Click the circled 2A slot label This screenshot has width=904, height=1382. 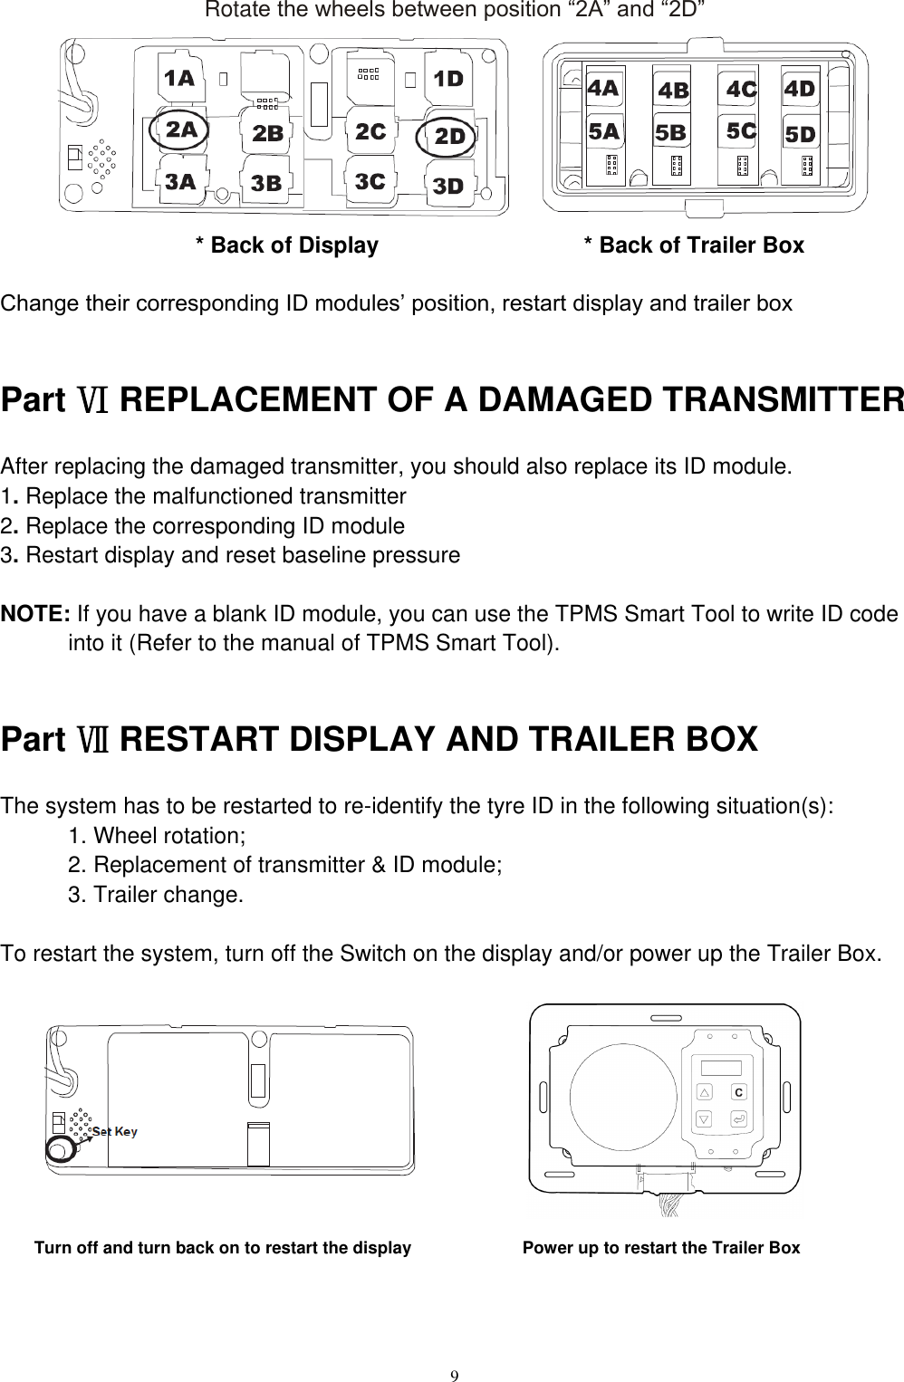tap(181, 130)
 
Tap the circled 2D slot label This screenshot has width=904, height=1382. tap(450, 137)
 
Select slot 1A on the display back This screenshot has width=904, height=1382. tap(178, 79)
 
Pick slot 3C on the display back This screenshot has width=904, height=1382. tap(370, 182)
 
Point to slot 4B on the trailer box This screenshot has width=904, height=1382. tap(673, 91)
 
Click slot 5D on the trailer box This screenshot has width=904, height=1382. tap(800, 135)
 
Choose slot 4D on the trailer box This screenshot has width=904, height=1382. tap(799, 90)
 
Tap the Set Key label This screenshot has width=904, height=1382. tap(115, 1132)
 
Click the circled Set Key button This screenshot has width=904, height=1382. tap(59, 1148)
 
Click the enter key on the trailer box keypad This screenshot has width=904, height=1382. tap(739, 1120)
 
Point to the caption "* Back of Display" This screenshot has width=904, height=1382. tap(287, 245)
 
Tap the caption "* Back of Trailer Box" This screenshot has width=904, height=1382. tap(694, 245)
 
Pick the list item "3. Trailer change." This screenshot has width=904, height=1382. tap(156, 896)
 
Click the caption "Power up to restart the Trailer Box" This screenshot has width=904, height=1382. tap(661, 1248)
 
